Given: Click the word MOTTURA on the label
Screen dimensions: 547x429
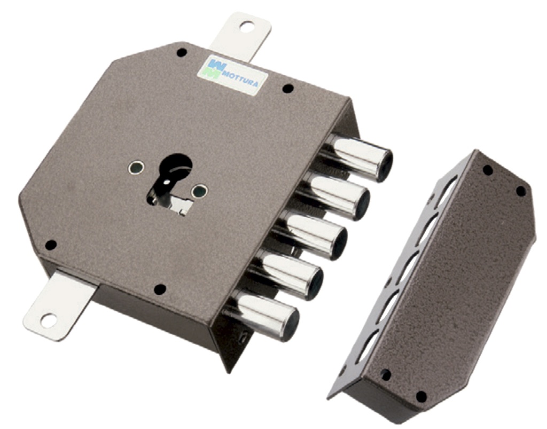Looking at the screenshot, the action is (x=241, y=79).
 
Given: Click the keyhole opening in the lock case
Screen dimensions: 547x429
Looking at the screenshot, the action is (x=172, y=183).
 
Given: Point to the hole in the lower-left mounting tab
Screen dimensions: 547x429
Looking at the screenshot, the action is (x=48, y=320).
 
